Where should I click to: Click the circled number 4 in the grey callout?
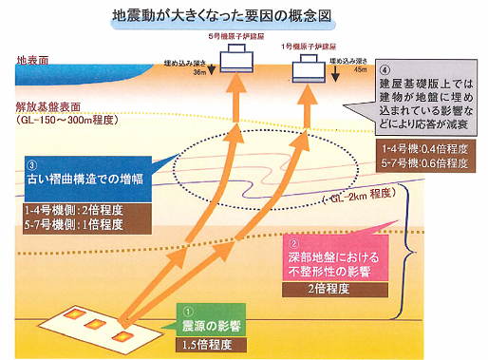pyautogui.click(x=384, y=71)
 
